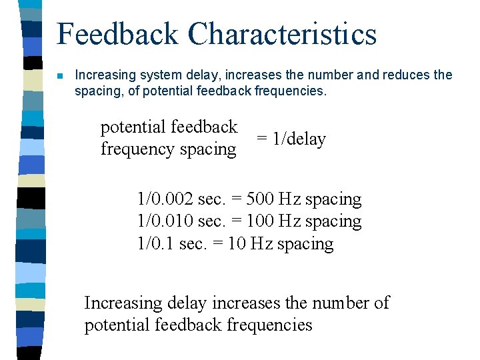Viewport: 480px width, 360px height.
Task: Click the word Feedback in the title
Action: click(118, 35)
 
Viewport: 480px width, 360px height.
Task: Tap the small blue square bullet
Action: click(61, 75)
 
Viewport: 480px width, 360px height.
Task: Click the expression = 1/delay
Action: click(291, 139)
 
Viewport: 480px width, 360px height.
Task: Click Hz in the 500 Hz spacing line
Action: click(289, 199)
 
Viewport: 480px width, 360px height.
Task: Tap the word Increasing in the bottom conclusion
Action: click(123, 303)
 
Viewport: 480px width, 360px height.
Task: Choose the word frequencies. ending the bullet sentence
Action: click(291, 91)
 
